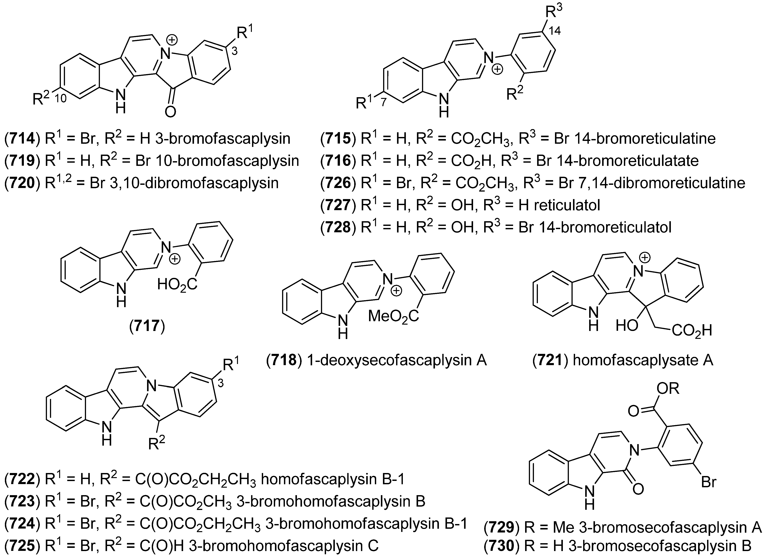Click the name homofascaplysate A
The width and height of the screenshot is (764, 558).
tap(643, 360)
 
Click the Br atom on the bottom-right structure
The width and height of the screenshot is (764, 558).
tap(709, 482)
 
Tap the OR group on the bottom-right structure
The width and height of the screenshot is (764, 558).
tap(668, 389)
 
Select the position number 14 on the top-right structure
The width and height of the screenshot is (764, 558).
tap(555, 31)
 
